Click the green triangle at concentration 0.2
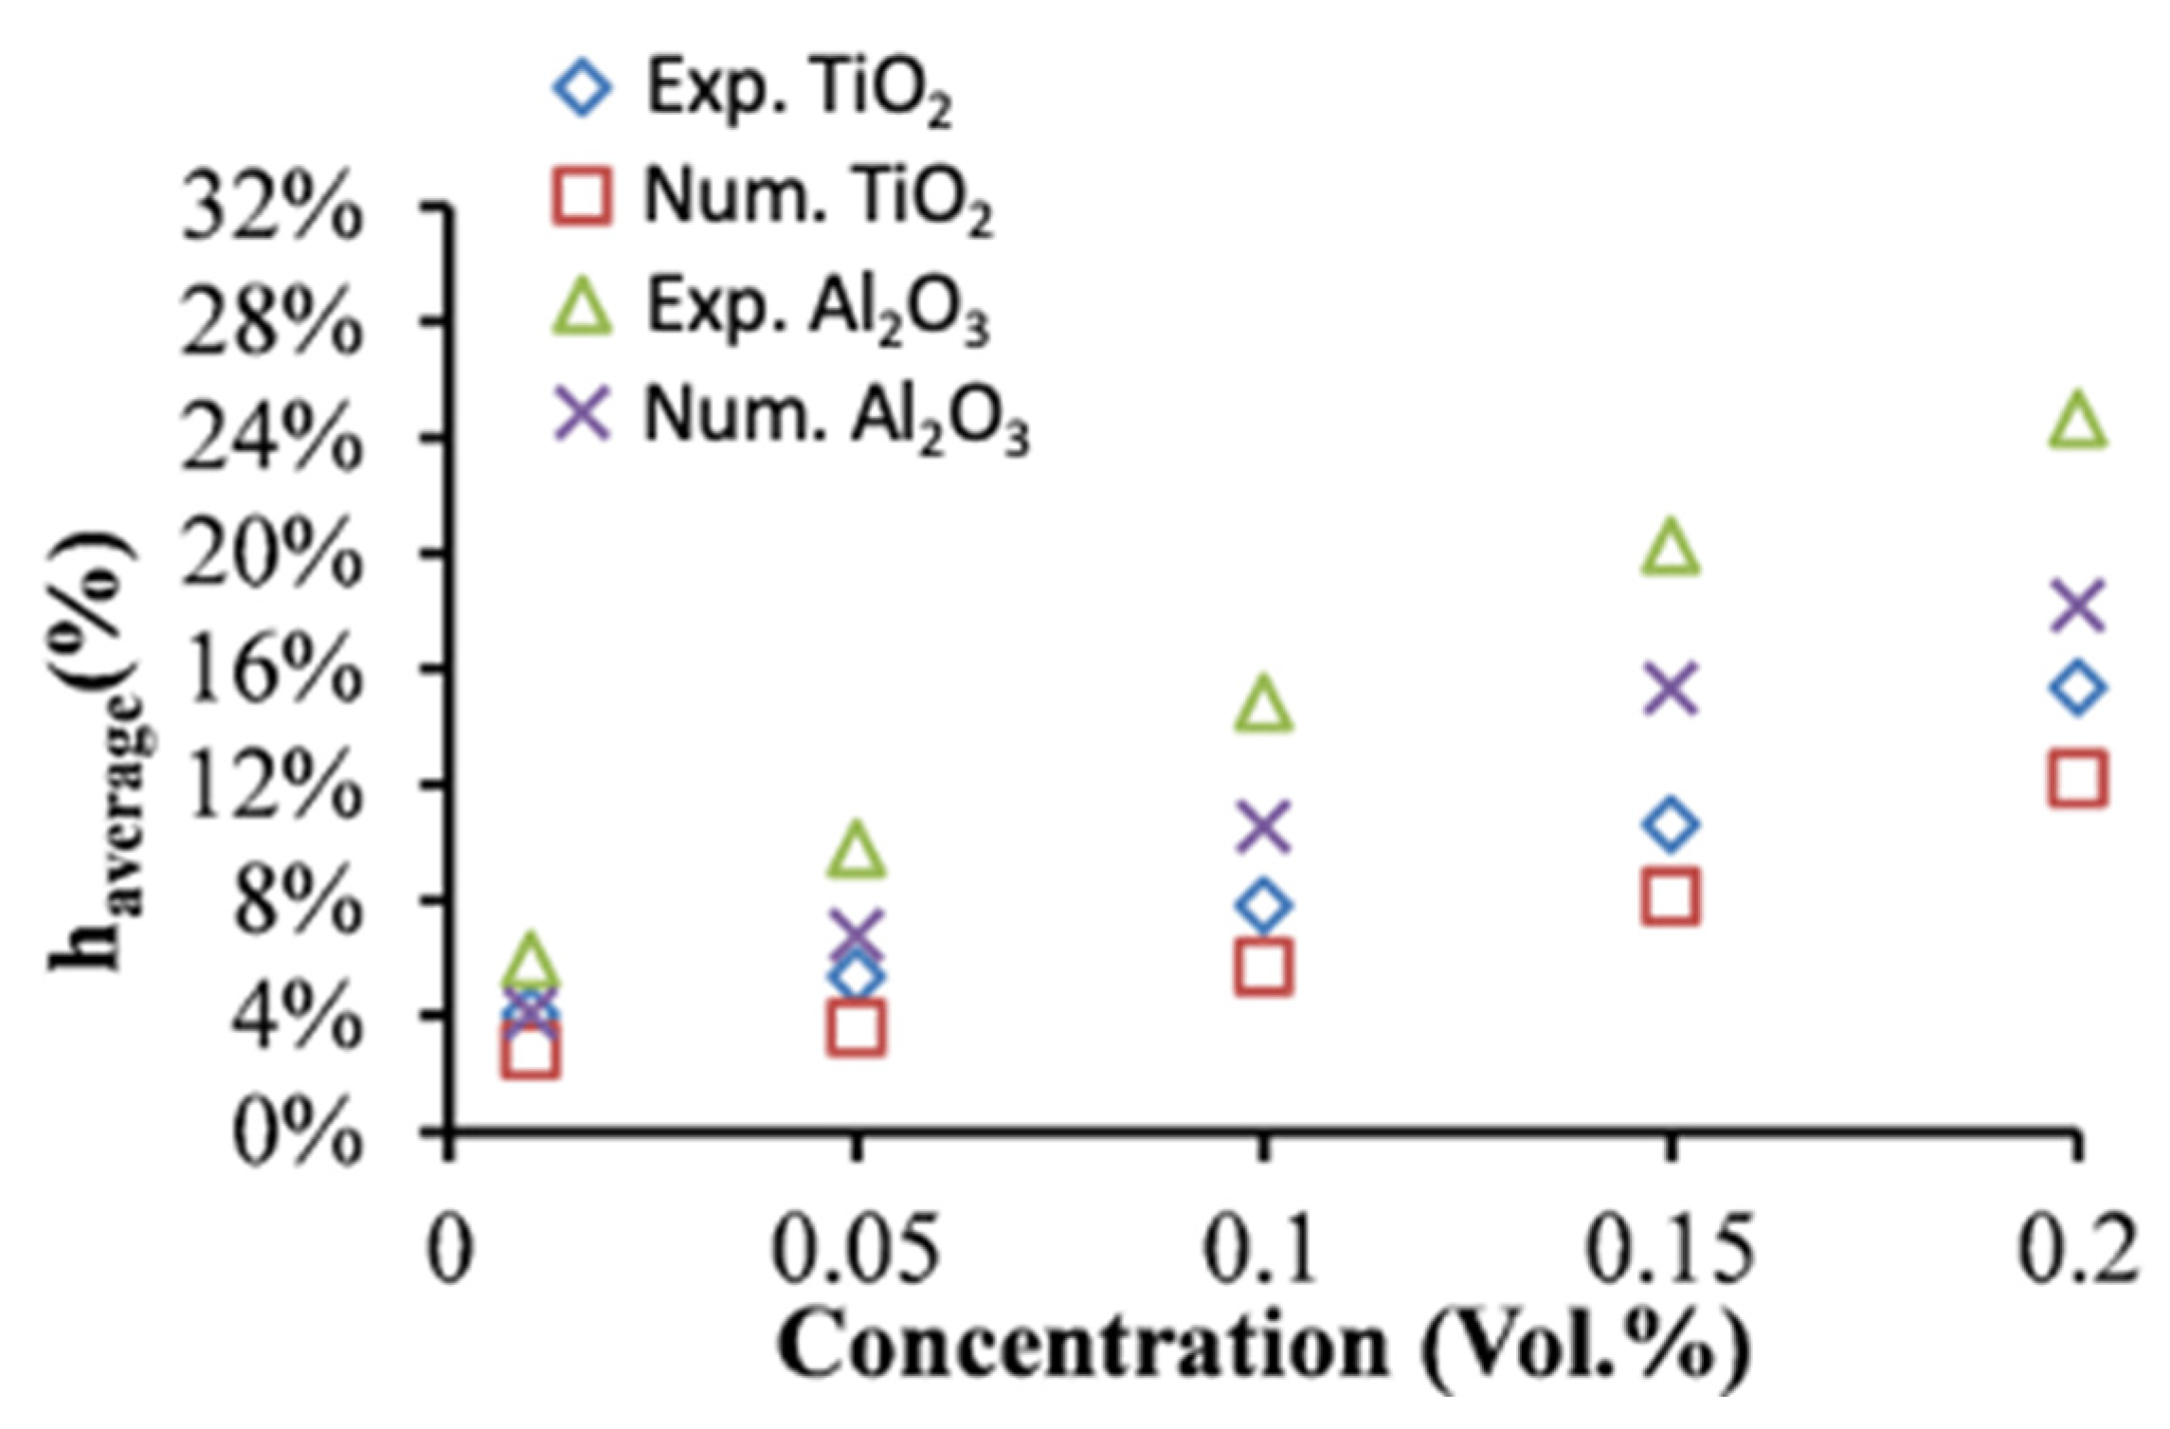click(2077, 422)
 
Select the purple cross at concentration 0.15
click(1671, 689)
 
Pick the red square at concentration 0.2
click(2077, 779)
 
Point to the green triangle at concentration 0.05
click(856, 850)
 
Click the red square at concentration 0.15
click(1671, 896)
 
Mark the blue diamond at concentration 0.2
click(2077, 688)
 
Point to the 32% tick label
click(271, 209)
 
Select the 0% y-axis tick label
click(296, 1132)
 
